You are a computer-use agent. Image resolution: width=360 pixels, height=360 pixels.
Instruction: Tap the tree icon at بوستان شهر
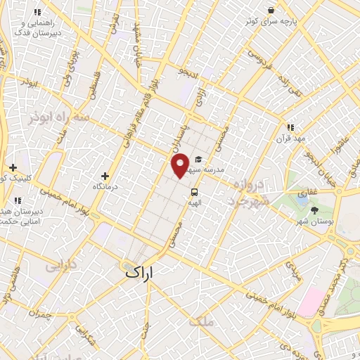click(314, 210)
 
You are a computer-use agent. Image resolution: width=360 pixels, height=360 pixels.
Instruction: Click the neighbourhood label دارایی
click(60, 267)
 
